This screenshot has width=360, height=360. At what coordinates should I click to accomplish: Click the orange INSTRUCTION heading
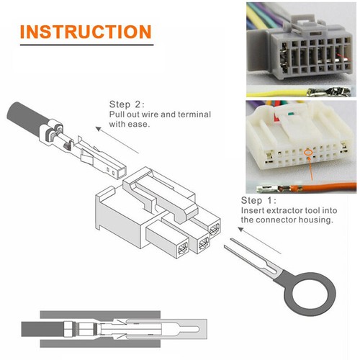(85, 32)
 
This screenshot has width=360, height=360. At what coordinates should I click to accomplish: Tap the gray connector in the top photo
(299, 50)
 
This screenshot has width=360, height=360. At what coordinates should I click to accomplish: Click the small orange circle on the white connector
(307, 152)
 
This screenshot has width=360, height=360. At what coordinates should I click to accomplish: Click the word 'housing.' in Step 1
(318, 220)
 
